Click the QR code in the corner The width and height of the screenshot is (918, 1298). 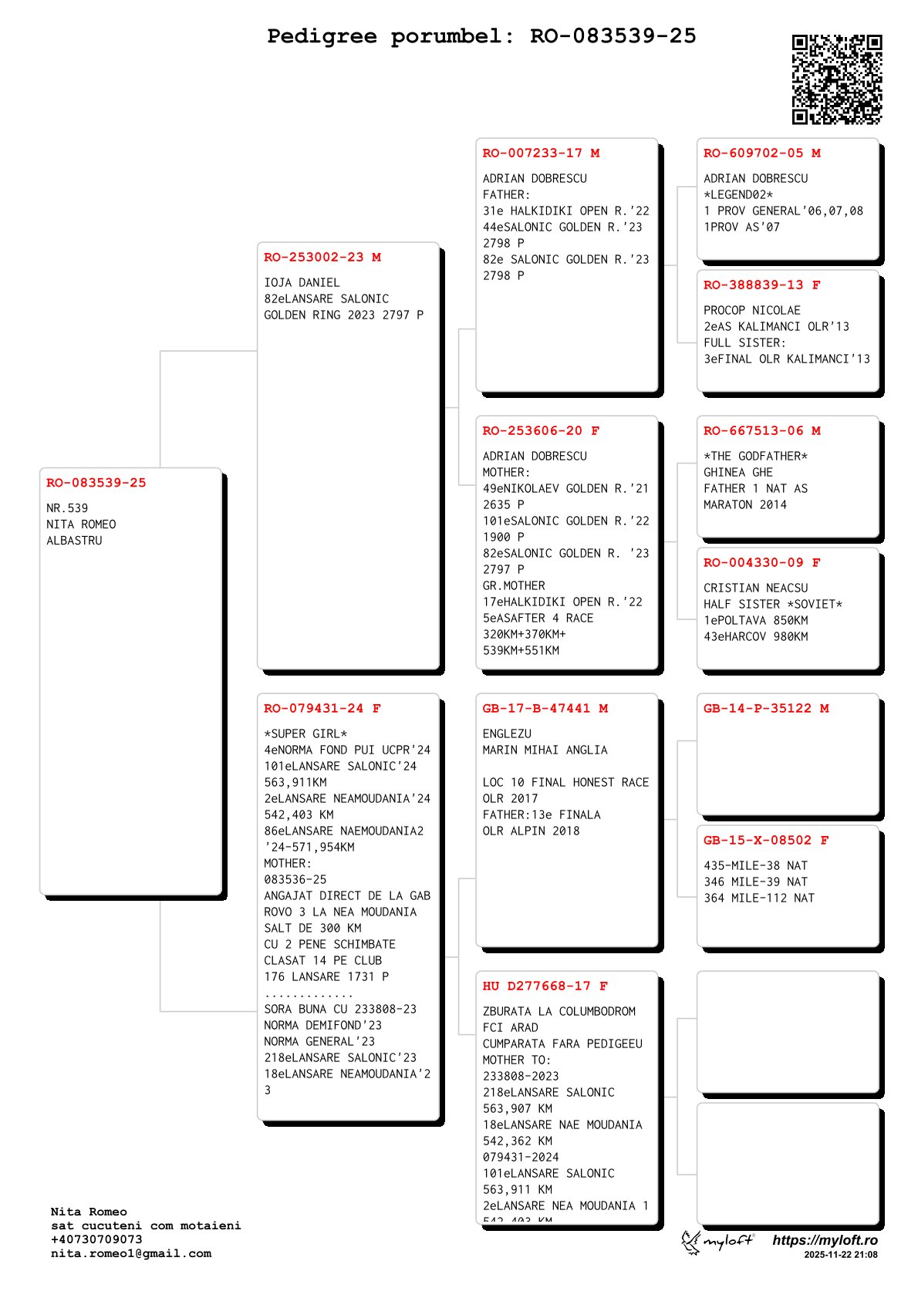tap(836, 79)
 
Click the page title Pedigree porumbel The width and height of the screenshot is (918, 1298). tap(481, 36)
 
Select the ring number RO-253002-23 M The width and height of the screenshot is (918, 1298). tap(322, 258)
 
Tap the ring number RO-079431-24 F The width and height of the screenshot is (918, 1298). tap(322, 709)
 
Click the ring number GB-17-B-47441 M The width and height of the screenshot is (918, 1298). tap(545, 709)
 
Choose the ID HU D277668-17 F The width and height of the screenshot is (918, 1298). tap(545, 986)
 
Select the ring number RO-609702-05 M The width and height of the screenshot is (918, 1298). tap(761, 153)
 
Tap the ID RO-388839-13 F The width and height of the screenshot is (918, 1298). tap(761, 285)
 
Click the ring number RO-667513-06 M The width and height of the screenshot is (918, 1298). tap(761, 431)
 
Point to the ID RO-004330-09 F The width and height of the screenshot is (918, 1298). tap(761, 563)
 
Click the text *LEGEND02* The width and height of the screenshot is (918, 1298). tap(737, 195)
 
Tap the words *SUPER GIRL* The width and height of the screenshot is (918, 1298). tap(305, 734)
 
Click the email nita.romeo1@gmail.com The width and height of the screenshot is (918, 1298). tap(130, 1253)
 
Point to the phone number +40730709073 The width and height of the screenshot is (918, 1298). tap(96, 1239)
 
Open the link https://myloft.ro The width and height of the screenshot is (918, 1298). tap(825, 1240)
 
